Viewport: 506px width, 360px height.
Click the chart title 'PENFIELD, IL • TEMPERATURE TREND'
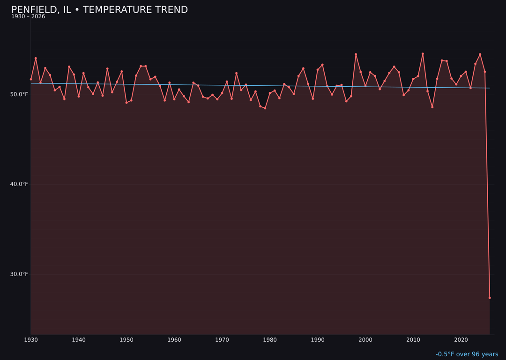point(99,10)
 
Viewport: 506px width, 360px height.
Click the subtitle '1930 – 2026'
point(28,17)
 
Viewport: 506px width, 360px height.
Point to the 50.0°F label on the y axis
point(19,94)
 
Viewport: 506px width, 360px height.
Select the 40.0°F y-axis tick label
point(19,184)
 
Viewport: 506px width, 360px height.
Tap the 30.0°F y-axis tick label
point(19,274)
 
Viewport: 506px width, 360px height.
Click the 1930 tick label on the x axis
point(31,340)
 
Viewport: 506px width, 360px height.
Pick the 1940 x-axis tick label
point(79,340)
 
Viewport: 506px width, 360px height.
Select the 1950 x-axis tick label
point(126,340)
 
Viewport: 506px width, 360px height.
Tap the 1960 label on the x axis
point(174,340)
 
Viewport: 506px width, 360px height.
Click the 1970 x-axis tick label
point(222,340)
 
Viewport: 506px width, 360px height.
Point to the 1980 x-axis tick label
point(270,340)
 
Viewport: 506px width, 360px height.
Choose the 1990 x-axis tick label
point(318,340)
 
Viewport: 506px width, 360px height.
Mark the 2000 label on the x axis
point(365,340)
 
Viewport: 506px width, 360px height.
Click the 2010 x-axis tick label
point(413,340)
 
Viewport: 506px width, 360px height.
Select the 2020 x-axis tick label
point(461,340)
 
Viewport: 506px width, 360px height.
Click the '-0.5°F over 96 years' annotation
point(467,354)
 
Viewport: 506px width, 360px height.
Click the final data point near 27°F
point(490,298)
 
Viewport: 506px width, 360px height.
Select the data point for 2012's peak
point(423,54)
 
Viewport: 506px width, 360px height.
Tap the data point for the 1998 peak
point(356,54)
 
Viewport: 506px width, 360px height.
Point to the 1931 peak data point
point(36,58)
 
